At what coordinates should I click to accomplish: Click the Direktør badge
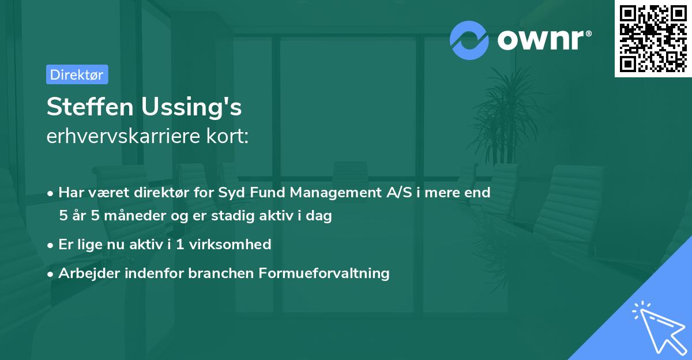(77, 74)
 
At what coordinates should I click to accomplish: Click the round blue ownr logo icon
(469, 39)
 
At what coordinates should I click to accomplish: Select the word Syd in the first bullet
(232, 193)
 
